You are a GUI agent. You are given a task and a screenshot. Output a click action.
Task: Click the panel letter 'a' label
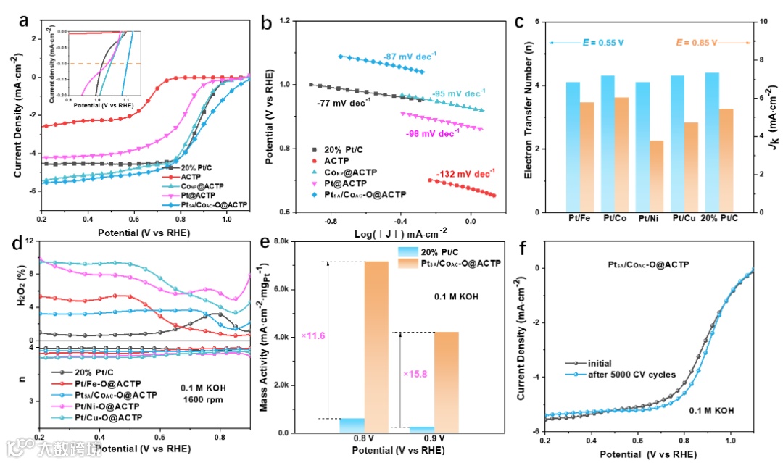[24, 20]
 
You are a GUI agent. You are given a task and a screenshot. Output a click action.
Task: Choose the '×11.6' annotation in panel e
[313, 335]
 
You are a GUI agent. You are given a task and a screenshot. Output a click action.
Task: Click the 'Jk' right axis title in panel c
[770, 119]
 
